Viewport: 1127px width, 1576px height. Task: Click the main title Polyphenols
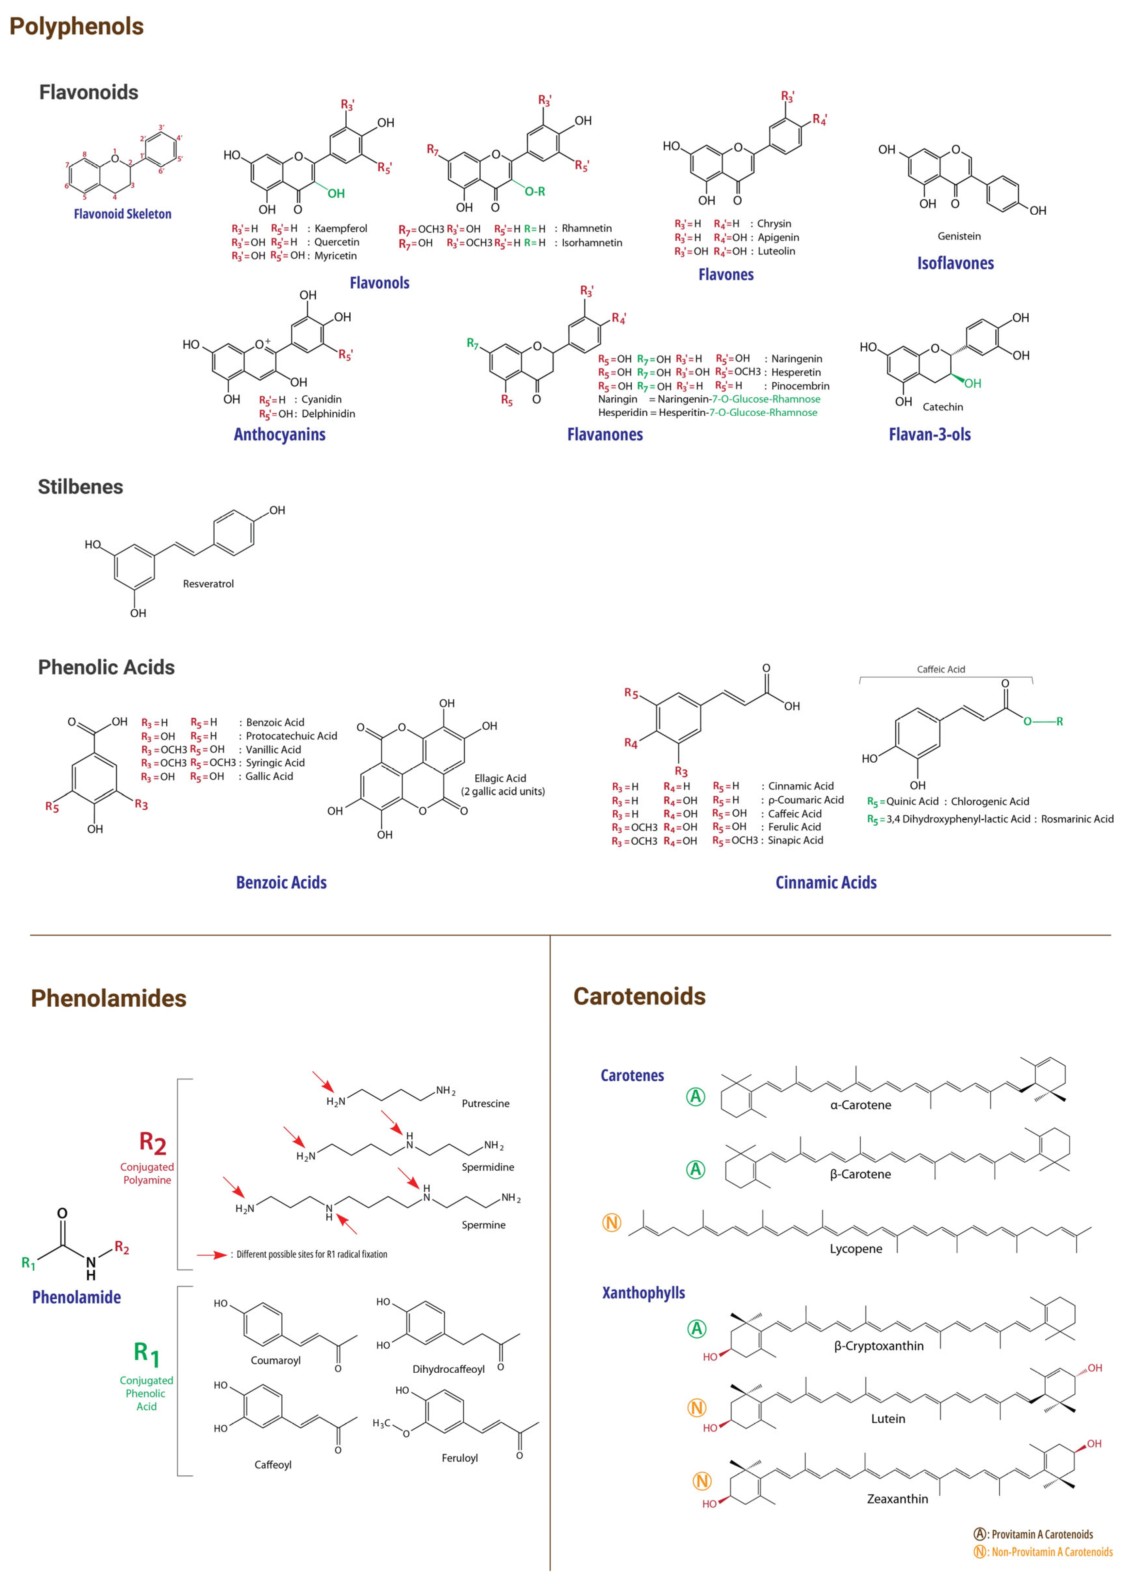pyautogui.click(x=76, y=26)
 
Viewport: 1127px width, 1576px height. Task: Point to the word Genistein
pyautogui.click(x=959, y=236)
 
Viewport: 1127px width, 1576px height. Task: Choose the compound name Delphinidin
pyautogui.click(x=328, y=414)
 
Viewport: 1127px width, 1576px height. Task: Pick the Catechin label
pyautogui.click(x=942, y=407)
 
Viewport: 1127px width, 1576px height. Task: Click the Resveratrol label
pyautogui.click(x=208, y=584)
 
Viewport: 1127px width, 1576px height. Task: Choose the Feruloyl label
pyautogui.click(x=459, y=1458)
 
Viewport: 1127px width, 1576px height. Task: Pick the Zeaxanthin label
pyautogui.click(x=897, y=1499)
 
